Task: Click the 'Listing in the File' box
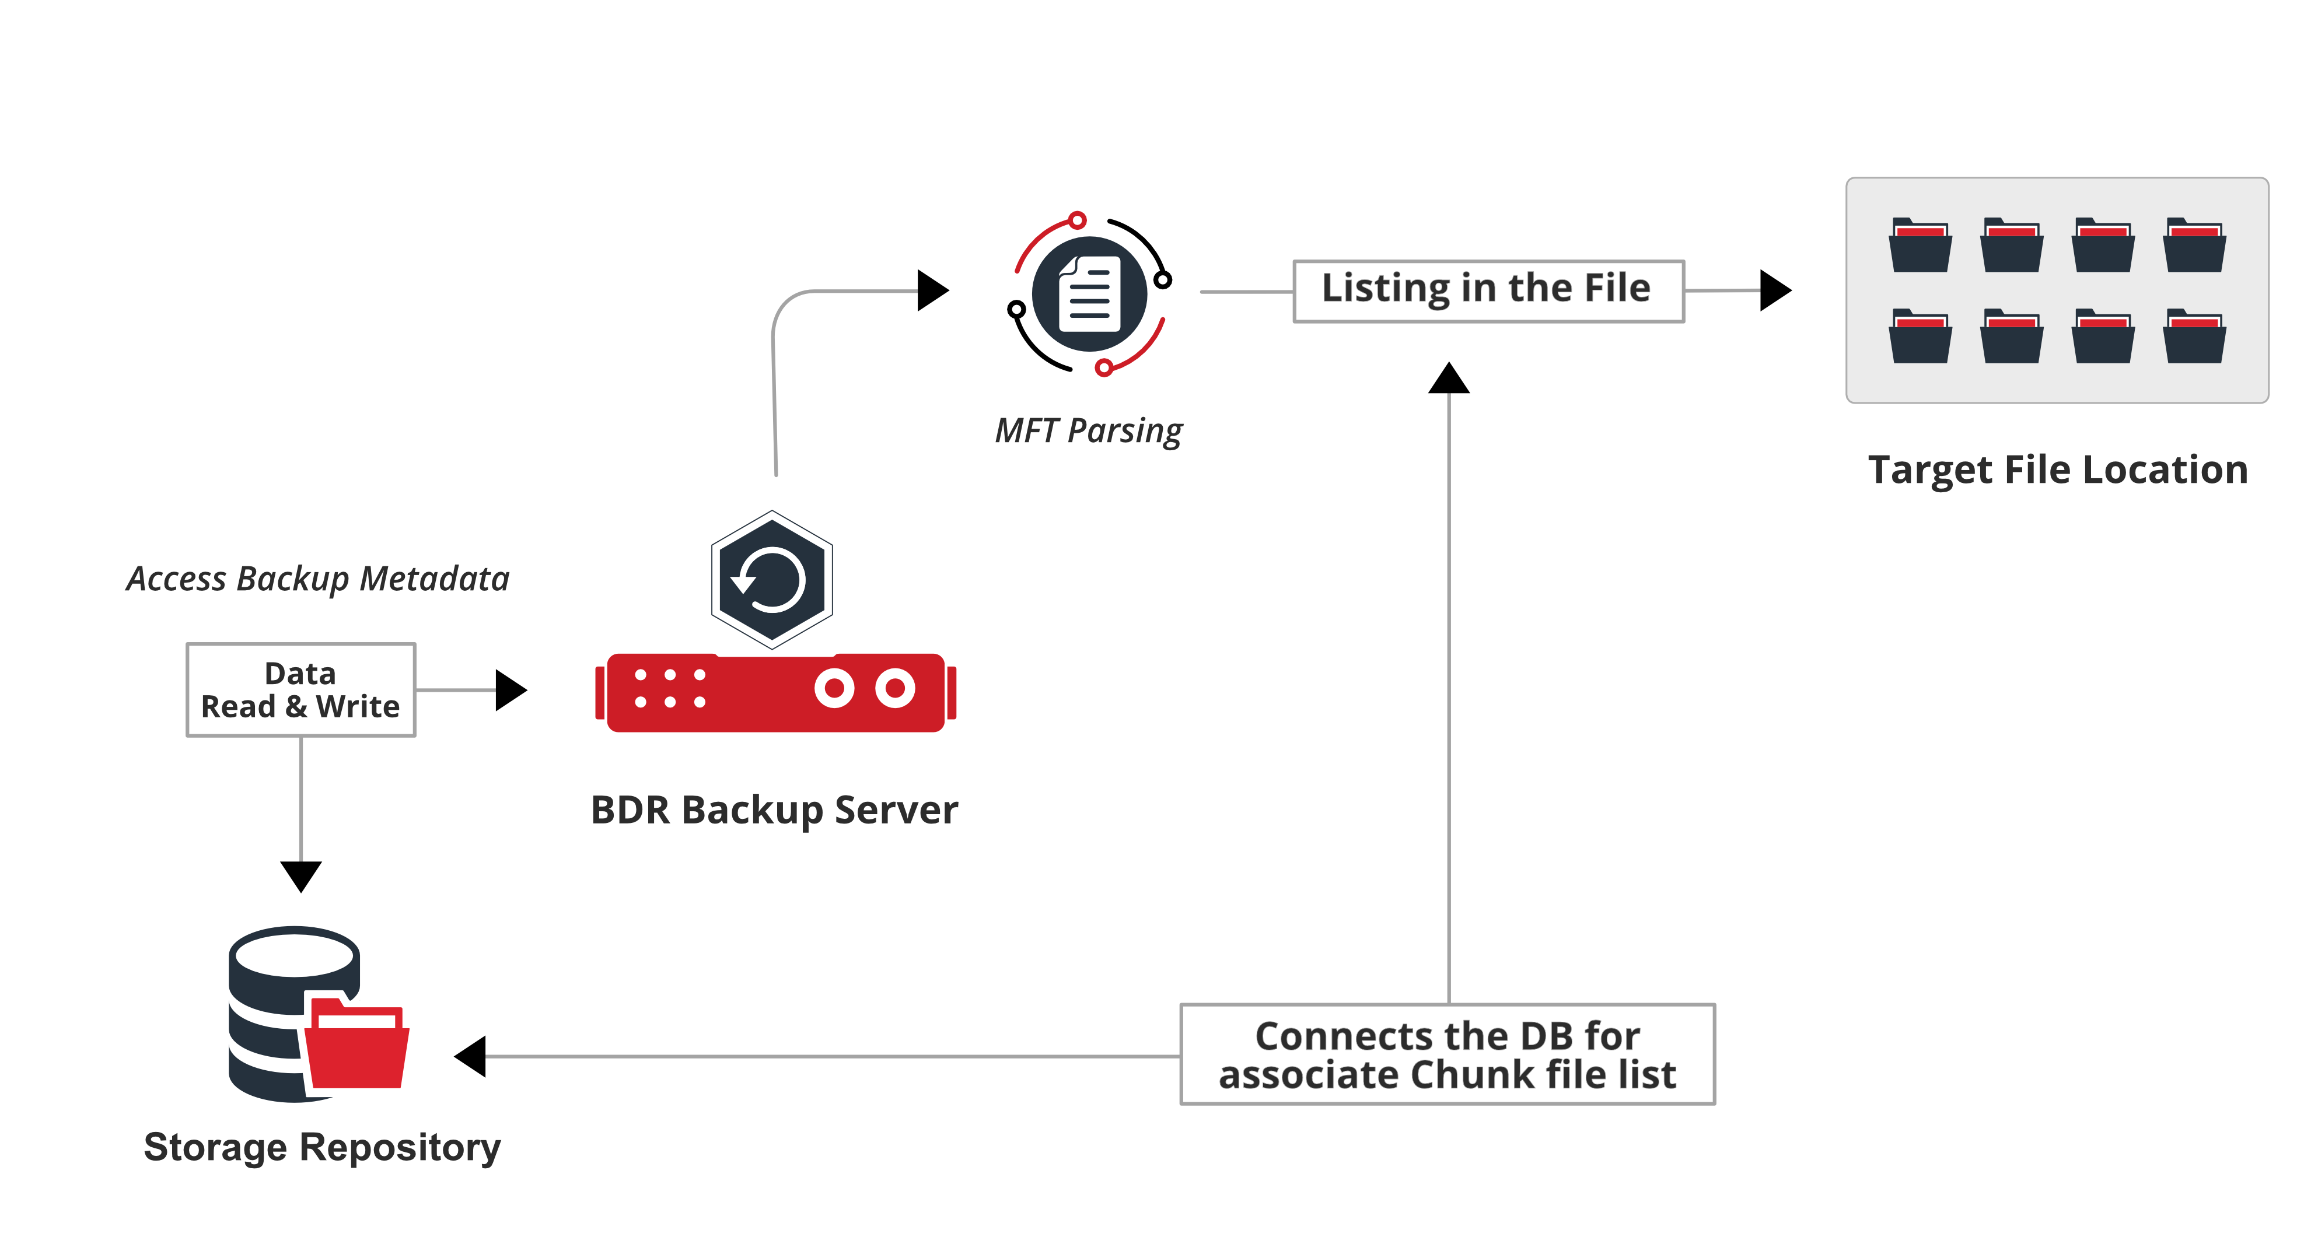coord(1487,290)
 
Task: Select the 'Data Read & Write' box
coord(300,690)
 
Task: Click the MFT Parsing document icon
coord(1089,293)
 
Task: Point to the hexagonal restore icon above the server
coord(771,580)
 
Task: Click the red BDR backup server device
coord(775,692)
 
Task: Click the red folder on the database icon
coord(357,1045)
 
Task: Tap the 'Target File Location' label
coord(2057,470)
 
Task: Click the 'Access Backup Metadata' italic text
coord(317,579)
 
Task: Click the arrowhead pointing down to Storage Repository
coord(300,875)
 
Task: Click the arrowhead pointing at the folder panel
coord(1774,290)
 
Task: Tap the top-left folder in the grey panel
coord(1920,245)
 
